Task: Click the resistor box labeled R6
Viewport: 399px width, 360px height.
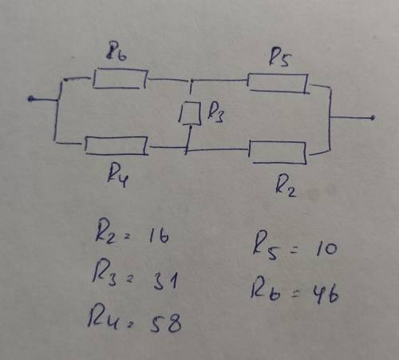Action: click(x=120, y=69)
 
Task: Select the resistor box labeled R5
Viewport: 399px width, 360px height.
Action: click(x=278, y=75)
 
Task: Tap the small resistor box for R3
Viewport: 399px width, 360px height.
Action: click(x=190, y=103)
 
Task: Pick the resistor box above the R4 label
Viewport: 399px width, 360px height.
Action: click(x=117, y=138)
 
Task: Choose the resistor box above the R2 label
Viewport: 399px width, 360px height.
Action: click(x=278, y=143)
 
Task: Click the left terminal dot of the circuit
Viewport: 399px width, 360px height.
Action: click(x=31, y=99)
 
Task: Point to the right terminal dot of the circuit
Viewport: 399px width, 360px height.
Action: click(x=373, y=117)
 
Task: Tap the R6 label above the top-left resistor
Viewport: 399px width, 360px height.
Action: click(x=116, y=53)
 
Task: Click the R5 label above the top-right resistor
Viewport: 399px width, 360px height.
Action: click(x=280, y=57)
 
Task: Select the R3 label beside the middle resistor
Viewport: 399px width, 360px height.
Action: click(x=215, y=113)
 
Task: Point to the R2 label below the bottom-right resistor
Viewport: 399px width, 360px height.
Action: click(x=286, y=186)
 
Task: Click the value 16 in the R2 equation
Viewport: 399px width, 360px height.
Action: click(x=158, y=235)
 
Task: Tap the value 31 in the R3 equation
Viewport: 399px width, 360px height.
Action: click(x=165, y=281)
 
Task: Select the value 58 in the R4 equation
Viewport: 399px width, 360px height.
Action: click(x=166, y=322)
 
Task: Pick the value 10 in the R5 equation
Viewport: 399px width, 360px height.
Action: click(x=326, y=249)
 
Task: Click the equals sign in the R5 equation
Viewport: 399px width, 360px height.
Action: click(x=294, y=251)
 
